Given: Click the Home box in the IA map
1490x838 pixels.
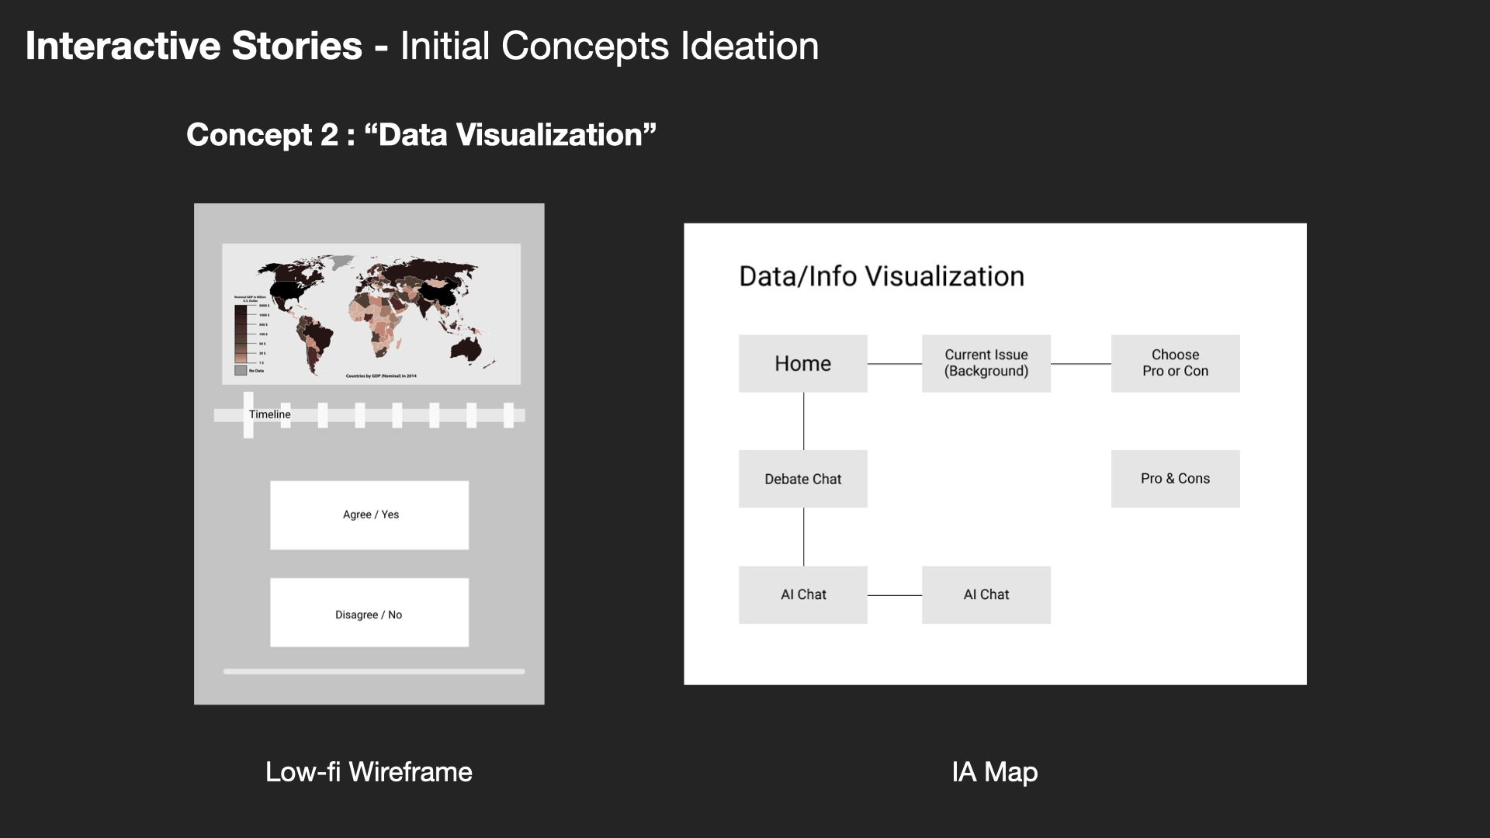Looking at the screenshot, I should pos(802,363).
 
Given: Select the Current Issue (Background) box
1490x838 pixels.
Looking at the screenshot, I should pos(986,363).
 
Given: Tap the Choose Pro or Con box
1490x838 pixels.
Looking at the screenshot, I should pos(1175,363).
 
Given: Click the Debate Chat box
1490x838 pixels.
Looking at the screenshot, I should pos(802,479).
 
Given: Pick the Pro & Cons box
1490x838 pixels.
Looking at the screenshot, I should pos(1175,479).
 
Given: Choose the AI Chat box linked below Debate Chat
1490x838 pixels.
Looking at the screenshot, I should pos(802,594).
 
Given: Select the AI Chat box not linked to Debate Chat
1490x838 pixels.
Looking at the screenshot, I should pos(986,594).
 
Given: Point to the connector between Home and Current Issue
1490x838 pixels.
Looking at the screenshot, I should pos(894,364).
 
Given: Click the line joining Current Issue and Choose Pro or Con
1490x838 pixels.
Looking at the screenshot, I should pos(1080,364).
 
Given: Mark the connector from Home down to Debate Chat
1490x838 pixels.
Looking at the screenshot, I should pos(804,421).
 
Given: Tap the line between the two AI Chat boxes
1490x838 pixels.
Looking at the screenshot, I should pos(894,595).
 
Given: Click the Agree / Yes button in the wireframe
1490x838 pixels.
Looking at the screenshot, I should pos(369,515).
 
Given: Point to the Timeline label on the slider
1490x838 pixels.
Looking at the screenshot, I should pos(270,414).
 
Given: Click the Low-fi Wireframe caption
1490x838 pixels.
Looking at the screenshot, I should pos(369,772).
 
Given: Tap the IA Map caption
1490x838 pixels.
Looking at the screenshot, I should pos(994,772).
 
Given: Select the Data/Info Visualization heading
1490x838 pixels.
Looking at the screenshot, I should pos(882,276).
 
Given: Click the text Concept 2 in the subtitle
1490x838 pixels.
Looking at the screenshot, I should pos(262,135).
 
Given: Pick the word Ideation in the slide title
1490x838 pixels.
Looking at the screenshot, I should pos(750,46).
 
